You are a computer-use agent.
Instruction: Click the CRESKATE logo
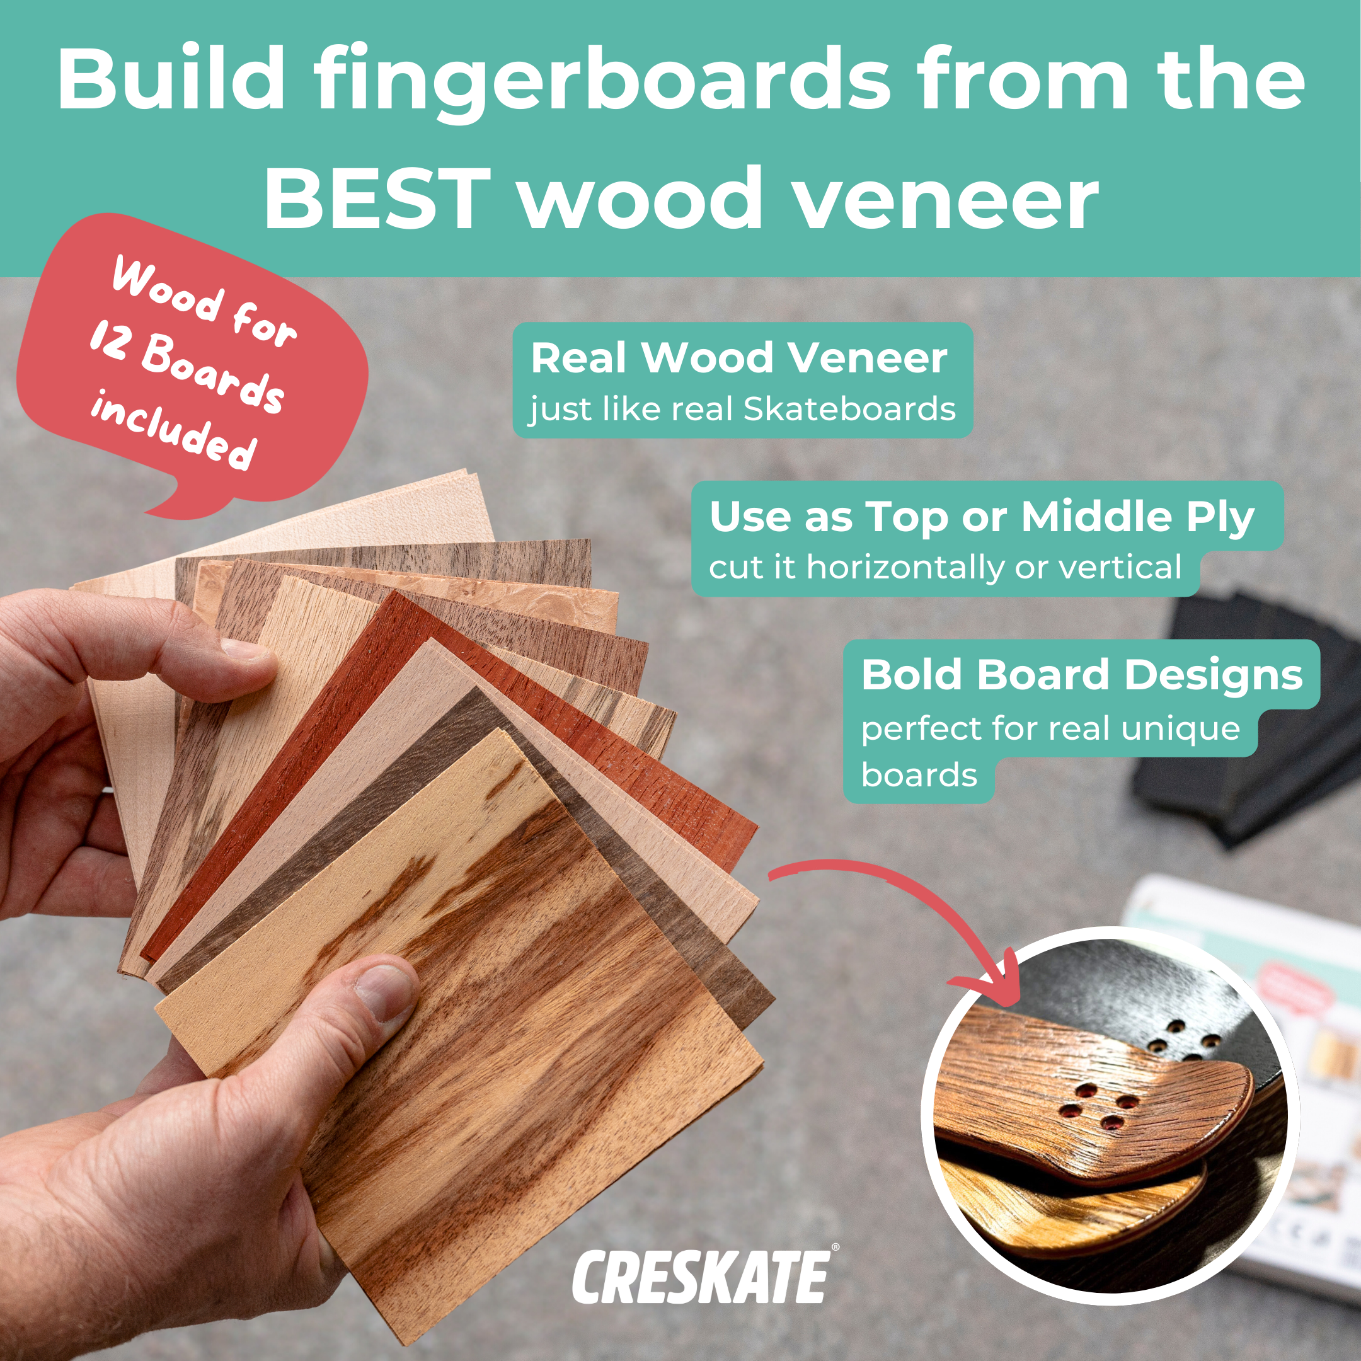coord(700,1277)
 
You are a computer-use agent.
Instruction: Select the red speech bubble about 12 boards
coord(190,366)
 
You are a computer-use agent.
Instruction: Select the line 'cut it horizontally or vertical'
coord(945,567)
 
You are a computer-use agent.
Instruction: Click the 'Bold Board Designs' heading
coord(1081,675)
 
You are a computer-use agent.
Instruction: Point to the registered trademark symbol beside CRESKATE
coord(836,1248)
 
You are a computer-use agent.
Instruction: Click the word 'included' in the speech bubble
coord(173,430)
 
